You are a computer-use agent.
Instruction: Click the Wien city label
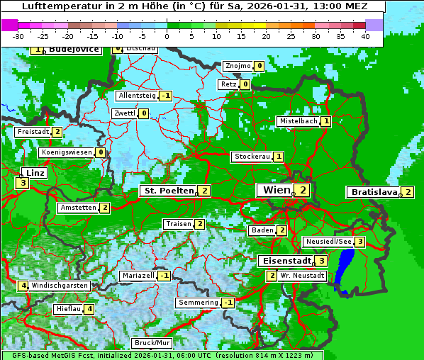(x=276, y=190)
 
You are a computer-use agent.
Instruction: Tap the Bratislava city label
(x=374, y=192)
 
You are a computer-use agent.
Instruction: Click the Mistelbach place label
(x=298, y=121)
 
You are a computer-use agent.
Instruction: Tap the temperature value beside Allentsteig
(x=165, y=96)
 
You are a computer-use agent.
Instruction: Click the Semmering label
(x=199, y=303)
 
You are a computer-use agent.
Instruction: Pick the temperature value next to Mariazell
(x=164, y=276)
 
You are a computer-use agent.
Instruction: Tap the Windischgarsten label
(x=60, y=286)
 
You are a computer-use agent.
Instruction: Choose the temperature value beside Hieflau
(x=89, y=309)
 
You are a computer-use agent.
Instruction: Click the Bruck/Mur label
(x=152, y=343)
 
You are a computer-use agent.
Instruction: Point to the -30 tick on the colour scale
(x=19, y=35)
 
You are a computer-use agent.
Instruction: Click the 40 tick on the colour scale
(x=365, y=35)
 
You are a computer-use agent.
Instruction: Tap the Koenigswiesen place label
(x=67, y=152)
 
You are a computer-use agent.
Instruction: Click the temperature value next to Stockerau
(x=279, y=157)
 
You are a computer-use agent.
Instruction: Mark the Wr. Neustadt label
(x=302, y=275)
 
